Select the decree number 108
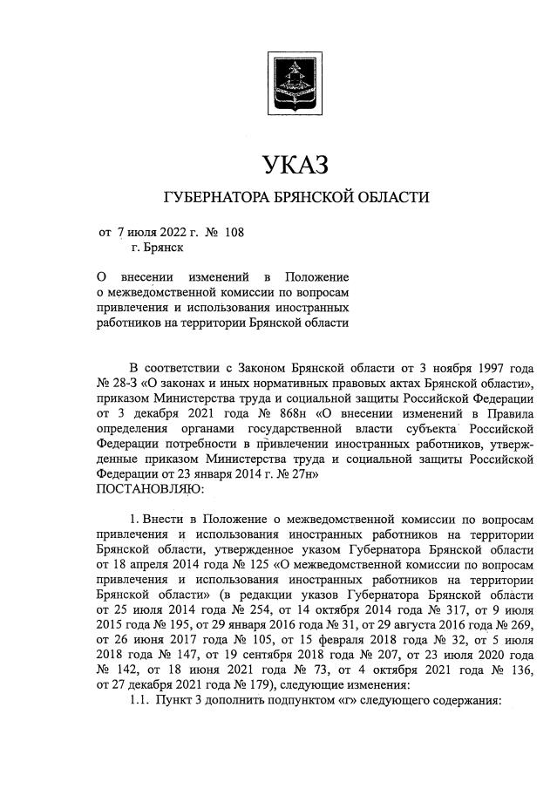[234, 233]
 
